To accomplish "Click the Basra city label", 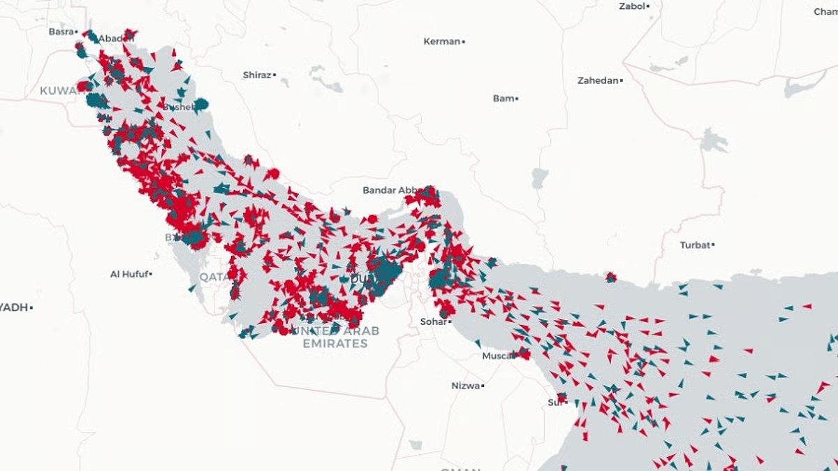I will (x=61, y=31).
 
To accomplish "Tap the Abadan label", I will (x=115, y=38).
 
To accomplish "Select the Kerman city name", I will (x=442, y=41).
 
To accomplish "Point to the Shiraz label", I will (x=257, y=75).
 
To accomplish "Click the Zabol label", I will (x=632, y=6).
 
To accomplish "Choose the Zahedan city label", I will (x=598, y=80).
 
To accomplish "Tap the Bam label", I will (x=503, y=99).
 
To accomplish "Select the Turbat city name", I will (x=695, y=245).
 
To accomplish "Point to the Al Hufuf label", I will (x=129, y=274).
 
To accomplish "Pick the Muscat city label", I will (x=498, y=356).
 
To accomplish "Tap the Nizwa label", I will (x=465, y=386).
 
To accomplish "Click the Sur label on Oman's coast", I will (x=554, y=402).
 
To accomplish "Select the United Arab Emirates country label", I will (x=335, y=337).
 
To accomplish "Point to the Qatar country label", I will (x=213, y=277).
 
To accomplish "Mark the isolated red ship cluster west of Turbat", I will (x=611, y=277).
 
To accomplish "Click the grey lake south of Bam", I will (x=539, y=178).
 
